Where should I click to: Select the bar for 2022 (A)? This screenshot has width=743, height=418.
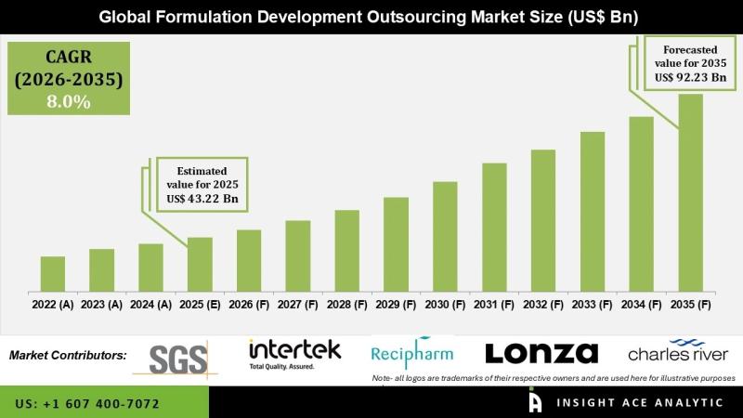point(53,273)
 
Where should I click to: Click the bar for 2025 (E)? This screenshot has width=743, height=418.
point(200,264)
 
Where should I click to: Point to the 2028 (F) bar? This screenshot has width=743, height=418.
point(347,250)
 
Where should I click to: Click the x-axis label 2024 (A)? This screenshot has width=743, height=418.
point(150,304)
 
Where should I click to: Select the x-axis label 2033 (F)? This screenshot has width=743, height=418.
point(593,304)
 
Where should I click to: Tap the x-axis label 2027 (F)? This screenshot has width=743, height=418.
point(298,304)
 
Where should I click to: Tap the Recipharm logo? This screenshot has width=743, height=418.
point(412,353)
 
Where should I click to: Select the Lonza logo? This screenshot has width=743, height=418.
point(541,353)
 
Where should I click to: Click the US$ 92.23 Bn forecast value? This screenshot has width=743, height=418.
point(690,78)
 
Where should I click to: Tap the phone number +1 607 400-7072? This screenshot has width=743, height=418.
point(88,404)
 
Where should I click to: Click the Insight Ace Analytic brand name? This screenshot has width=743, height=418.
point(641,403)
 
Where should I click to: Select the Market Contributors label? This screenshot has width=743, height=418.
point(68,355)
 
